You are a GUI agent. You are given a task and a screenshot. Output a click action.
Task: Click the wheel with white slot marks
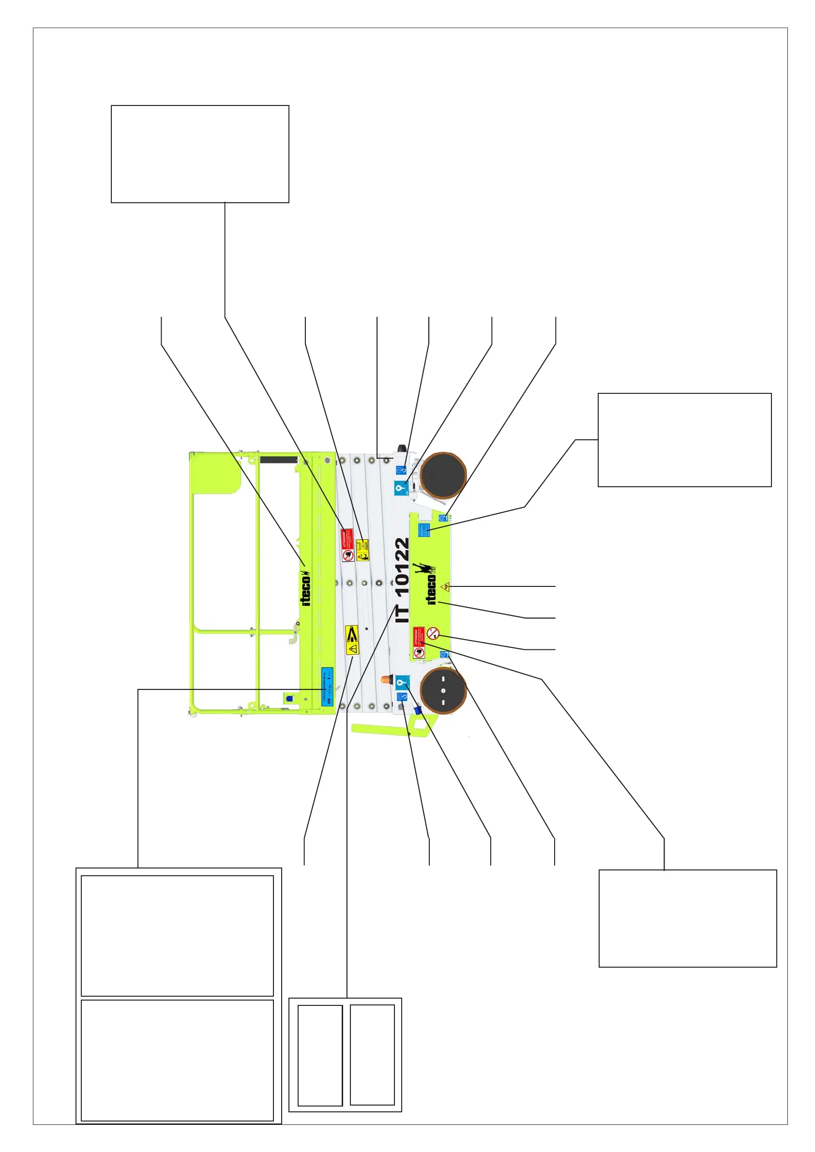tap(443, 690)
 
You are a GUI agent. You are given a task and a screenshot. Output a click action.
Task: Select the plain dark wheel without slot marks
tap(443, 475)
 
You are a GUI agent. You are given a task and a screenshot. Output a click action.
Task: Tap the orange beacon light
tap(385, 679)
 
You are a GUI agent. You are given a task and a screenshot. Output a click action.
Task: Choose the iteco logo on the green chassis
tap(431, 589)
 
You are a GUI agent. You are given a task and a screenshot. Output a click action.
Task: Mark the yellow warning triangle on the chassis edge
tap(445, 586)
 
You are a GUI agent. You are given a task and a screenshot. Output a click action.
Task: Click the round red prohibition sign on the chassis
tap(433, 633)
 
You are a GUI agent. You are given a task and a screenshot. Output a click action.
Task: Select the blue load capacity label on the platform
tap(327, 687)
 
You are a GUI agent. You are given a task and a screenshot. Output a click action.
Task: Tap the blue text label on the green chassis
tap(424, 530)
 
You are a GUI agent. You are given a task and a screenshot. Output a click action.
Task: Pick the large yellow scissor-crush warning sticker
tap(352, 640)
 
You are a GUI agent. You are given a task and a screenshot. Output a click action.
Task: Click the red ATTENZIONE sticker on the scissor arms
tap(347, 544)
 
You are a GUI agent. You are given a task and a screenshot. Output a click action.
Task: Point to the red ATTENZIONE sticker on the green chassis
tap(419, 642)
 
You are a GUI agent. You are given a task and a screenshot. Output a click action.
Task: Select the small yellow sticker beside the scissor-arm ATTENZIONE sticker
tap(362, 550)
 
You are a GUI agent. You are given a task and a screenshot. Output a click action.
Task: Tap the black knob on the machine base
tap(402, 448)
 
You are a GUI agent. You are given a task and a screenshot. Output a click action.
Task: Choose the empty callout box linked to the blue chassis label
tap(684, 439)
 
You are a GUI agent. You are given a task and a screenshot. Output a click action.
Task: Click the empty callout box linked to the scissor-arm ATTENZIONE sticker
tap(200, 153)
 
